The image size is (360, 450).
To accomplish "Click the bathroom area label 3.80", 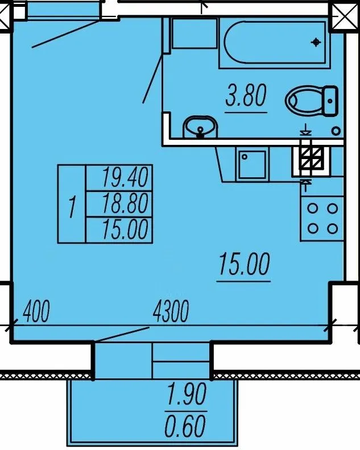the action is tap(246, 95).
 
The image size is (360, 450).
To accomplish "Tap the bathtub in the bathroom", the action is tap(275, 43).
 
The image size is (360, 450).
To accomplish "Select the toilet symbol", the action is tap(312, 101).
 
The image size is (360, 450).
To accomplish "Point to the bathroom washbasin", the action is tap(201, 127).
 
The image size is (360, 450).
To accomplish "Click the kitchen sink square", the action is tap(253, 164).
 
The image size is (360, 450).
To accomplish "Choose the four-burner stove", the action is tap(322, 219).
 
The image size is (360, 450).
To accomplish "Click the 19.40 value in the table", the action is tap(125, 177).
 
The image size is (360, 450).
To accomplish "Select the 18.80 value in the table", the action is tap(125, 204).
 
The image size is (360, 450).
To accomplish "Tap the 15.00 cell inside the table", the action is tap(125, 230).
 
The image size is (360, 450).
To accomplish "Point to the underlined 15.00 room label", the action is tap(244, 264).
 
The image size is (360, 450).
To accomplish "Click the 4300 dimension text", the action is tap(171, 311).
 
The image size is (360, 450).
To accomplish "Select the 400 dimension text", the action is tap(36, 311).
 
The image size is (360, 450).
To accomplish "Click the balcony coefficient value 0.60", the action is tap(185, 426).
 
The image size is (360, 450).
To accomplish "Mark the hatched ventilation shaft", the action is tap(312, 158).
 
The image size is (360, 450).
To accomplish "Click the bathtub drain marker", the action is tap(316, 43).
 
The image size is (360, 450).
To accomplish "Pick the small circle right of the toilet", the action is tap(336, 131).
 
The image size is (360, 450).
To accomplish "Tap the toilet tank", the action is tap(330, 101).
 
